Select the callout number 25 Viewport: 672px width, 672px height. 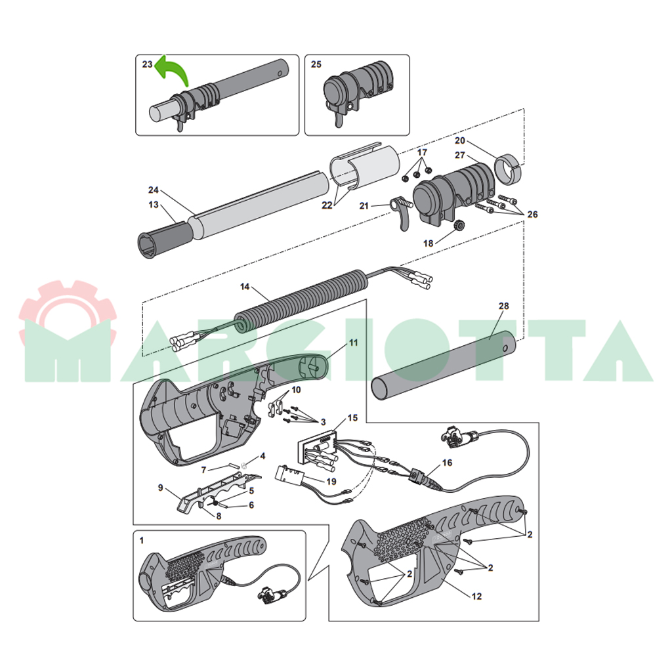316,64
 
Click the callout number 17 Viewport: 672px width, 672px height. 422,152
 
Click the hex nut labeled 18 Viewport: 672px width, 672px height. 459,224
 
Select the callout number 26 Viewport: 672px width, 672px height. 532,215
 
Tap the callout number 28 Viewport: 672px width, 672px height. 503,306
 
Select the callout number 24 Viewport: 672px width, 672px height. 154,190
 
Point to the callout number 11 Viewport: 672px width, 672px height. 353,343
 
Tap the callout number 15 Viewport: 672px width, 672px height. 352,418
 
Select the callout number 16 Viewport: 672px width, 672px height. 447,463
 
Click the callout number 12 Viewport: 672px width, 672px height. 476,596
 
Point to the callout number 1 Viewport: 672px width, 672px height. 142,541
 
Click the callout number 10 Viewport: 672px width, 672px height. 296,390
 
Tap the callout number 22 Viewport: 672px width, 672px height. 327,205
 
